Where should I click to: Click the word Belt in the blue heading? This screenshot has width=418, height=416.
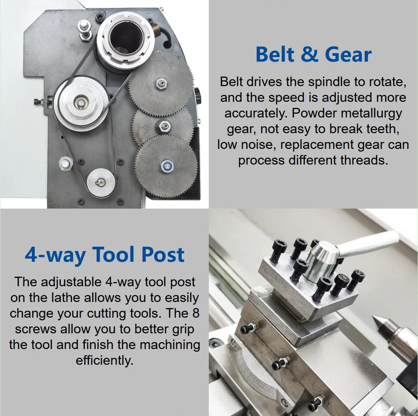(275, 54)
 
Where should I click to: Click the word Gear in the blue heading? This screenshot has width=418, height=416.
(351, 54)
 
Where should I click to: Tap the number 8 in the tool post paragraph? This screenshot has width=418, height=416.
(194, 313)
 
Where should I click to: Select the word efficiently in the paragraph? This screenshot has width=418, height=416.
(104, 360)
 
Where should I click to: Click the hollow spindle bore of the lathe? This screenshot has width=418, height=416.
(126, 36)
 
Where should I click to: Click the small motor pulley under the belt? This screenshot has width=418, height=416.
(101, 183)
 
